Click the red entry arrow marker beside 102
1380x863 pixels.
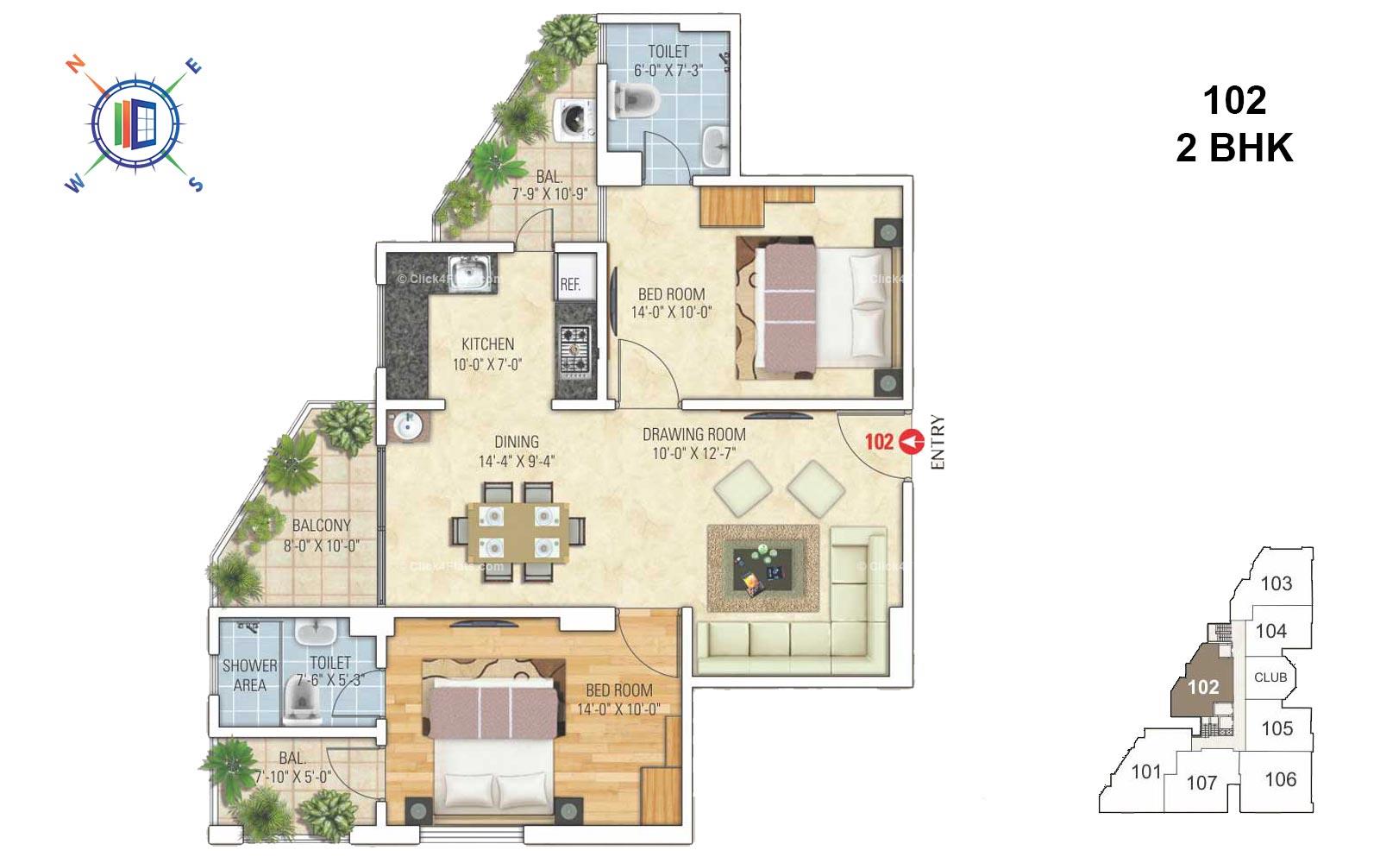click(x=911, y=441)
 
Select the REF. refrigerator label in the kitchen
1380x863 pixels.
click(x=570, y=285)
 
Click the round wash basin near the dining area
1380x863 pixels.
click(x=405, y=425)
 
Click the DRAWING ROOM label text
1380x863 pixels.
click(x=693, y=434)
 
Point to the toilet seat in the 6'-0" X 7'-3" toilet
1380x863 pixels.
click(x=633, y=97)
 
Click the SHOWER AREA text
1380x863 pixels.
click(x=250, y=675)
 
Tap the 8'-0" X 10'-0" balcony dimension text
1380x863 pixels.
click(x=321, y=545)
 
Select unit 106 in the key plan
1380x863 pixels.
click(x=1280, y=779)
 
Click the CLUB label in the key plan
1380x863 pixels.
click(x=1270, y=677)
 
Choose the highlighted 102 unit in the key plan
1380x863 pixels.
click(x=1203, y=687)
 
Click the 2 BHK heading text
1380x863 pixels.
click(x=1234, y=148)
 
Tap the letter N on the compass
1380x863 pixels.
click(x=76, y=64)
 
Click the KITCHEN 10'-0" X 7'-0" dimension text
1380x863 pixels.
click(x=487, y=365)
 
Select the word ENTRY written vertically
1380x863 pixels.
click(x=938, y=443)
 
